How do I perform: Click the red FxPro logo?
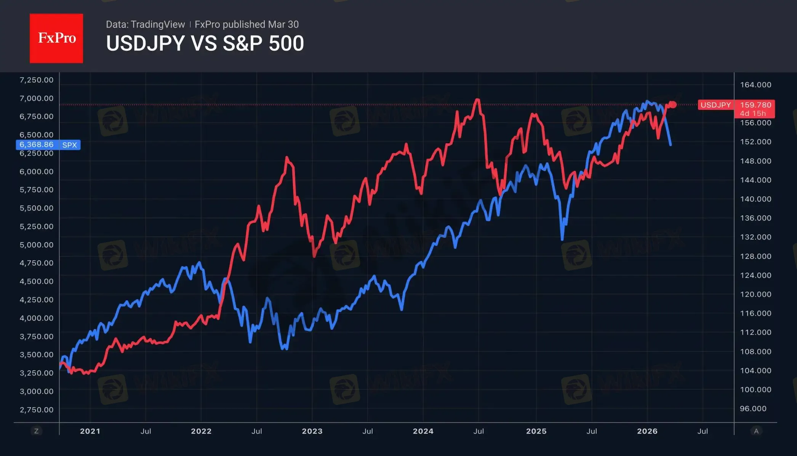click(56, 38)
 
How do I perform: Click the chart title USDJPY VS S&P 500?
click(205, 43)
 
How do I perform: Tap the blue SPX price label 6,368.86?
click(37, 145)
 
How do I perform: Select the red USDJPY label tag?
click(715, 105)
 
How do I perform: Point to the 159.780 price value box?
click(755, 105)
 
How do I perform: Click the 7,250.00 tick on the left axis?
click(37, 80)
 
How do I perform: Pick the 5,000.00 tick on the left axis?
click(37, 245)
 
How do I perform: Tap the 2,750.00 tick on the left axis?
click(37, 409)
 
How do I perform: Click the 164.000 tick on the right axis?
click(755, 85)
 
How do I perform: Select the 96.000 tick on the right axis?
click(753, 409)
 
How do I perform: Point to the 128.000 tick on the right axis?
click(755, 256)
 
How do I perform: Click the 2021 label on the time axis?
click(90, 431)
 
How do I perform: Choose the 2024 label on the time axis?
click(423, 431)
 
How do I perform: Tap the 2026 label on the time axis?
click(647, 431)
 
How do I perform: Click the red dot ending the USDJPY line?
click(673, 104)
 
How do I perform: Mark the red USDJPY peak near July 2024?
click(477, 100)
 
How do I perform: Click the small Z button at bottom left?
click(37, 431)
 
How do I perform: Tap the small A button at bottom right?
click(756, 431)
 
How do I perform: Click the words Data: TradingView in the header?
click(145, 24)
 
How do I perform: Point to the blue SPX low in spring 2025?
click(562, 239)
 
